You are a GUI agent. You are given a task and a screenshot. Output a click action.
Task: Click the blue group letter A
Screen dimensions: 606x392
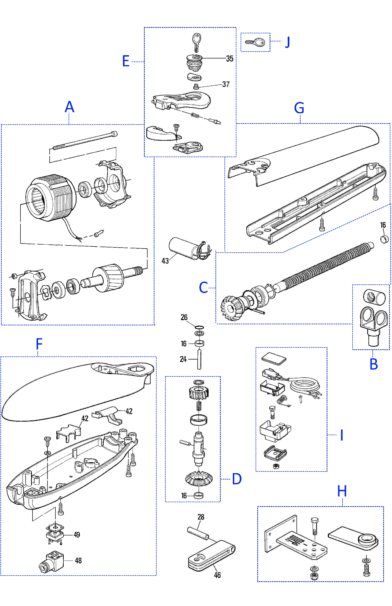coord(69,107)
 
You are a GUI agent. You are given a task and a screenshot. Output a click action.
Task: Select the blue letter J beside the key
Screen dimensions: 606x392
coord(287,42)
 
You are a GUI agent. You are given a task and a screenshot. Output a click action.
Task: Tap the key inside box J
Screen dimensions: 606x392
coord(255,42)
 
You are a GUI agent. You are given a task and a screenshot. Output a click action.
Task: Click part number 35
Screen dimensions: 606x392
coord(229,59)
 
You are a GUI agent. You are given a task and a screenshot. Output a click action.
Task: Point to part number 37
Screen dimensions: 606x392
coord(226,84)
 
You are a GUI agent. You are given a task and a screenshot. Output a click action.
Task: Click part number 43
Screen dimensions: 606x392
coord(165,261)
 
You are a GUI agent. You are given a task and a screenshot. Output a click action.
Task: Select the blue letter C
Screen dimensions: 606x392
coord(203,288)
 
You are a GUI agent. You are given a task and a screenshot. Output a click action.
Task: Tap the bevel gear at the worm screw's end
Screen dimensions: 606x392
coord(231,308)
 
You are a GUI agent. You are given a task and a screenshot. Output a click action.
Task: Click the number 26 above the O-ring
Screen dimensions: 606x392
coord(184,317)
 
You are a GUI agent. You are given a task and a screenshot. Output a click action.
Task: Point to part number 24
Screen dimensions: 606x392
coord(183,359)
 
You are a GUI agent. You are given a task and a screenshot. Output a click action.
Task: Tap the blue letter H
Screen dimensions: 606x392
coord(342,491)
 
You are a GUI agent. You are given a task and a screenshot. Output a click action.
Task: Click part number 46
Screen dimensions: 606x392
coord(217,575)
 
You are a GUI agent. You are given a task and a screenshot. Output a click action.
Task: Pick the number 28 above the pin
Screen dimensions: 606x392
coord(201,517)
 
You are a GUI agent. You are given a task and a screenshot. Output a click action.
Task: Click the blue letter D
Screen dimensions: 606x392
coord(237,479)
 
